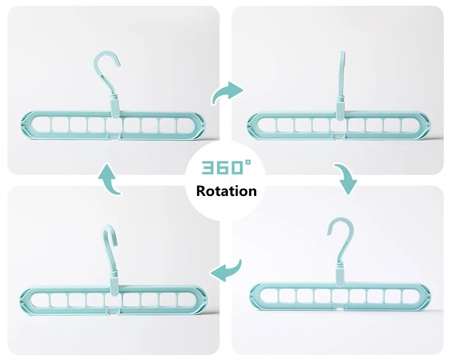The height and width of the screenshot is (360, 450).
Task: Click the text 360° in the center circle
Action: pyautogui.click(x=226, y=168)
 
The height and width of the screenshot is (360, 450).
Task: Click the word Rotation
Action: pyautogui.click(x=226, y=191)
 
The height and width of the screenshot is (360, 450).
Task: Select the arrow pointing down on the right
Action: pyautogui.click(x=345, y=180)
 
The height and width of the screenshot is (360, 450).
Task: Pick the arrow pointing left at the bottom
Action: pyautogui.click(x=226, y=269)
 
